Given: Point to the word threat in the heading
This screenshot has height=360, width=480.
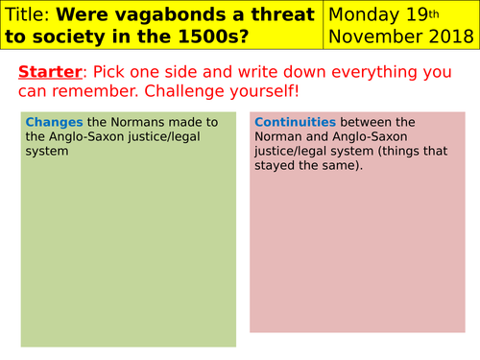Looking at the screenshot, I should tap(281, 15).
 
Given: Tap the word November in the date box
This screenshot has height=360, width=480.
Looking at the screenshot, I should tap(377, 38).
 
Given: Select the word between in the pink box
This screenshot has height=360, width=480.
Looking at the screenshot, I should tap(363, 122).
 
